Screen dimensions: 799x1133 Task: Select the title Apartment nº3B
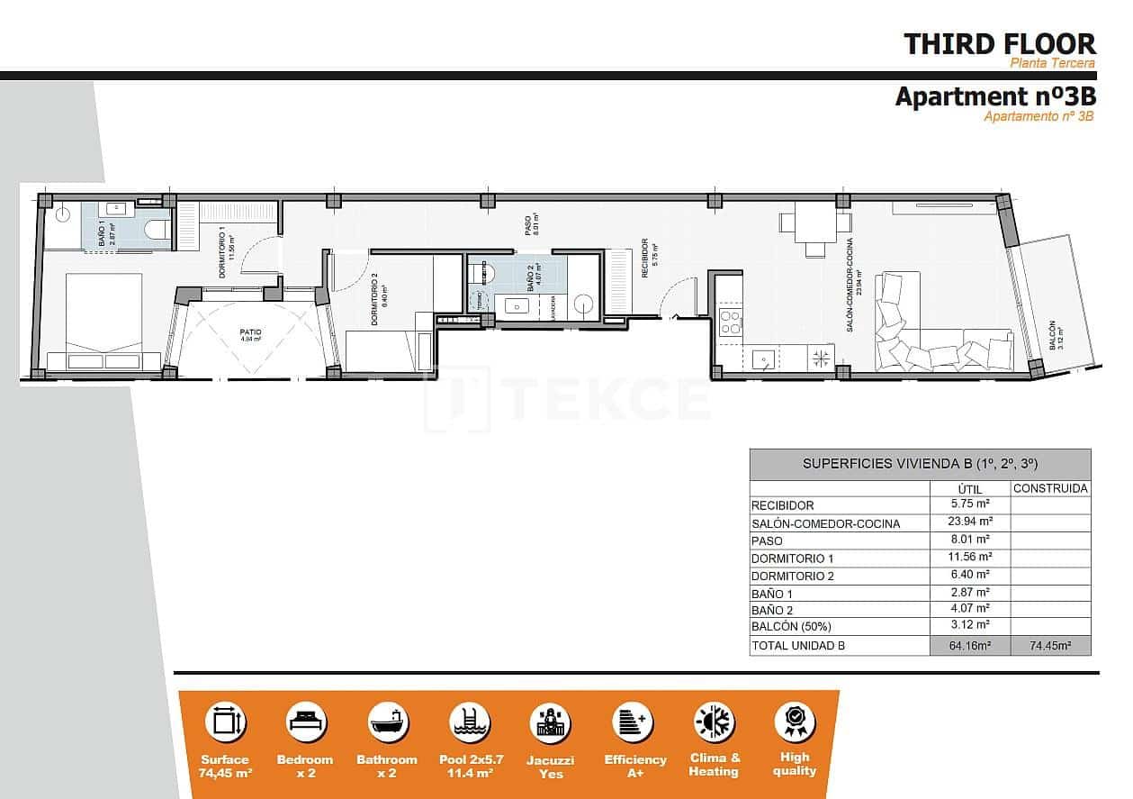994,96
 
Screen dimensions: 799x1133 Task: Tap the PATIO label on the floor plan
250,332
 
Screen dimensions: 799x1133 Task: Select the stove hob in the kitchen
730,322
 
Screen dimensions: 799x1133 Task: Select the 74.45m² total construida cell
1050,646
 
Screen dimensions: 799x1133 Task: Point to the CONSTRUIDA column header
1050,489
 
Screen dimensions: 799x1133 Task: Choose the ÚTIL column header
970,489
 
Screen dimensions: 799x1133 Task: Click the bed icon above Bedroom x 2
306,722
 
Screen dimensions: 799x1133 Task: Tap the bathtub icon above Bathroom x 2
388,722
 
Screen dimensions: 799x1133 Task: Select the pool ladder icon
469,722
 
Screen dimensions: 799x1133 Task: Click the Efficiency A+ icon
634,722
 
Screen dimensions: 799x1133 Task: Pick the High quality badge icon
795,722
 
